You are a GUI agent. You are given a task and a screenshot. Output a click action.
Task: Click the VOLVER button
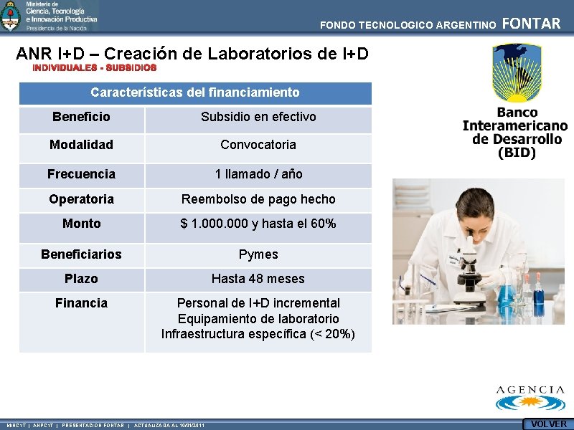point(548,424)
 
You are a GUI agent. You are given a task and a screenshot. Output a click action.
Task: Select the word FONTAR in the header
point(531,24)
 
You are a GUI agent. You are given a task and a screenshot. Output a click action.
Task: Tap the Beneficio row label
point(81,117)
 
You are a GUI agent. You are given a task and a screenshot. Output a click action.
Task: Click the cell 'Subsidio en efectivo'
point(258,117)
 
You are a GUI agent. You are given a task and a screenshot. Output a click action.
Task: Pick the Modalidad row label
point(81,145)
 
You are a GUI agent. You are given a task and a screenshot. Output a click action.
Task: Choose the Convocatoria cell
point(258,145)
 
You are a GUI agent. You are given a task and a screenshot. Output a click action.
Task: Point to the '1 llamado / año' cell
point(258,174)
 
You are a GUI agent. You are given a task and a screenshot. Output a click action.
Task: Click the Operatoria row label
point(81,199)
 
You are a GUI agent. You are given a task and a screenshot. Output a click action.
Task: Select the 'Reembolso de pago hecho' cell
point(258,199)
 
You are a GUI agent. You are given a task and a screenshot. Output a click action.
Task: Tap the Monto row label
point(81,224)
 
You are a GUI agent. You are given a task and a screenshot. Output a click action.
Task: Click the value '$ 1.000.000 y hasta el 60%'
point(258,224)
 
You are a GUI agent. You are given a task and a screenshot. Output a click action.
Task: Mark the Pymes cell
point(258,254)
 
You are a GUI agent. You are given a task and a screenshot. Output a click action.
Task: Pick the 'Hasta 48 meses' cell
point(258,279)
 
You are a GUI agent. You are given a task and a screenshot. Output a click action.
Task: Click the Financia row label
point(81,303)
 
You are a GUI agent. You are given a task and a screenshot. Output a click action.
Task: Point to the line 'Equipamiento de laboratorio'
point(258,319)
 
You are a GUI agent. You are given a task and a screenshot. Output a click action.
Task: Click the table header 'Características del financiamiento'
point(195,92)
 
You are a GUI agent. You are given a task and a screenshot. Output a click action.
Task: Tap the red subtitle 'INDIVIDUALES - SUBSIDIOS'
point(94,68)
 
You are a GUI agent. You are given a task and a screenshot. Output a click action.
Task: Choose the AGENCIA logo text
point(531,391)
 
